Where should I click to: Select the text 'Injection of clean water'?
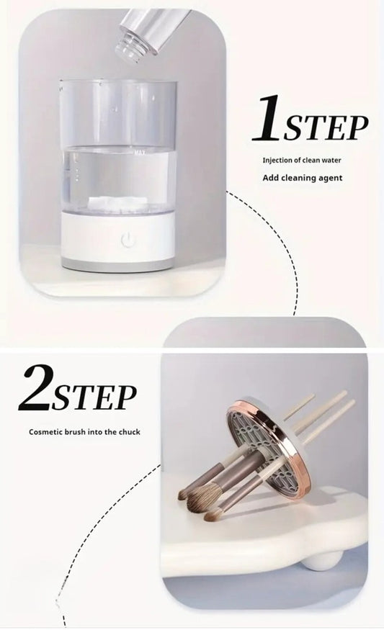pyautogui.click(x=300, y=161)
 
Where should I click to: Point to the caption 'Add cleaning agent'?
pyautogui.click(x=302, y=178)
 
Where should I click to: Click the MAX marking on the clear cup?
pyautogui.click(x=140, y=152)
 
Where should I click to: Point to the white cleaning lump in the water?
pyautogui.click(x=118, y=204)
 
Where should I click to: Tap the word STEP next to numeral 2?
pyautogui.click(x=94, y=397)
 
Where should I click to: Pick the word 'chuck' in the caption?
pyautogui.click(x=130, y=432)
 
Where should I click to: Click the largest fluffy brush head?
pyautogui.click(x=202, y=497)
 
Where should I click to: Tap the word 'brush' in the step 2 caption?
pyautogui.click(x=74, y=432)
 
